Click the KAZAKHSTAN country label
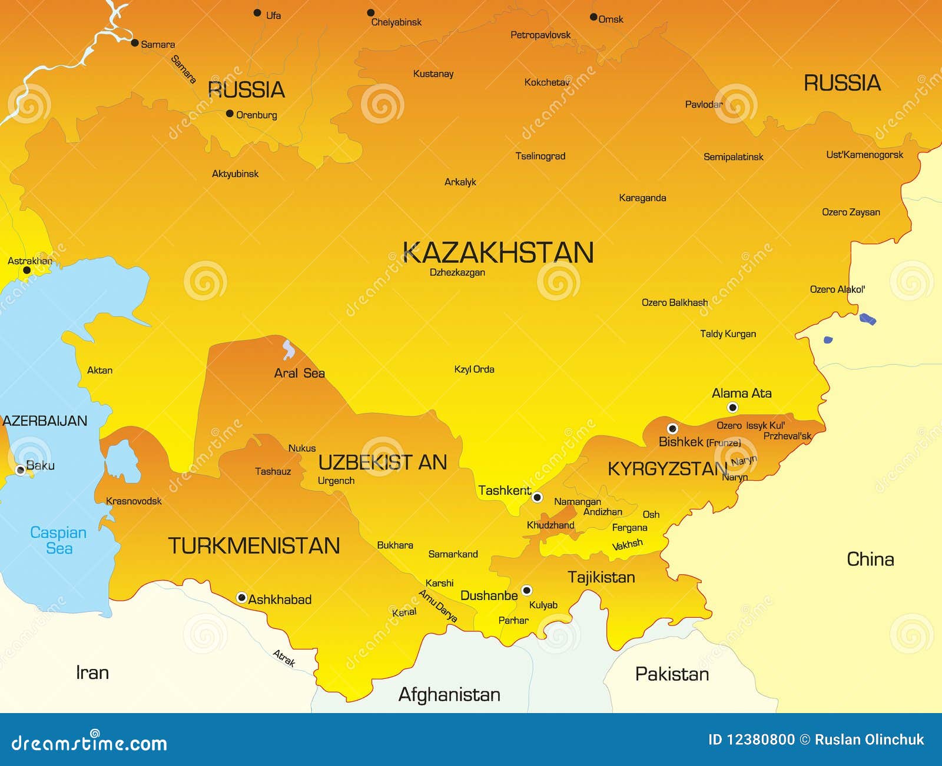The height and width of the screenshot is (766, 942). tap(498, 253)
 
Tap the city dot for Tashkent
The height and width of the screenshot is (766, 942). tap(537, 497)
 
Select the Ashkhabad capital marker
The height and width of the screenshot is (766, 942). tap(241, 598)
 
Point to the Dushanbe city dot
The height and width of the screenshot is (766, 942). tap(527, 590)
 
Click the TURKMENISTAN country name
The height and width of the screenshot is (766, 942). tap(254, 546)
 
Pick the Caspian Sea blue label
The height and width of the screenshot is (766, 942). tap(58, 540)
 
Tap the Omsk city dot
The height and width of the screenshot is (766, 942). tap(593, 17)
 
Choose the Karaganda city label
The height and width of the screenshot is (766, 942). tap(642, 198)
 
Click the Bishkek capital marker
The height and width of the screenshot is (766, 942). tap(672, 428)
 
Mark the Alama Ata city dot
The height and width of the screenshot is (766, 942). tap(732, 407)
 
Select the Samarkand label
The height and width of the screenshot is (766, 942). tap(453, 554)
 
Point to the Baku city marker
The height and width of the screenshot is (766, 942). tap(21, 469)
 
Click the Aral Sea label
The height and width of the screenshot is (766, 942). tap(299, 373)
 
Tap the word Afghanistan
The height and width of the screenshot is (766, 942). tap(449, 695)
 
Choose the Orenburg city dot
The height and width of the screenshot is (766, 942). tap(230, 114)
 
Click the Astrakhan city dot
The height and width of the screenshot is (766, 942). tap(26, 271)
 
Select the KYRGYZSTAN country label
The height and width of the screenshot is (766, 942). tap(667, 469)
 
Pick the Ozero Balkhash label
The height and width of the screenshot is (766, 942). tap(675, 302)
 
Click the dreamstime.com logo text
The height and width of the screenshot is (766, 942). tap(89, 743)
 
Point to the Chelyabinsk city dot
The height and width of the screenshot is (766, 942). tap(371, 12)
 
